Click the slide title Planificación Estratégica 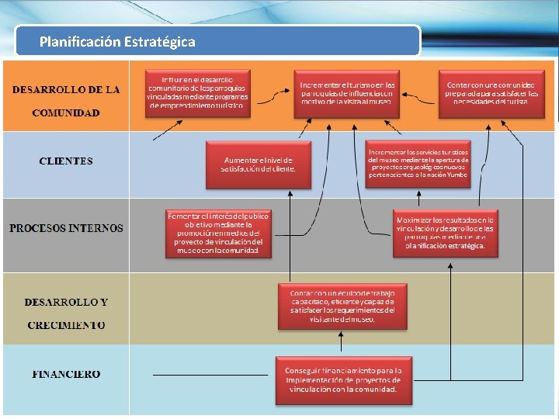click(117, 42)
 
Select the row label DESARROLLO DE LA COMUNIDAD click(66, 101)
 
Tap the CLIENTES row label click(66, 161)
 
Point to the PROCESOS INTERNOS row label click(66, 228)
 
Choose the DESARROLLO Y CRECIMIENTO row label click(66, 313)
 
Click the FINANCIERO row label click(66, 374)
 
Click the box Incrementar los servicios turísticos click(418, 164)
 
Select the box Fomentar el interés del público click(218, 232)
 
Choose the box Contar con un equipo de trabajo click(342, 306)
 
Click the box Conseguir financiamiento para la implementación click(342, 379)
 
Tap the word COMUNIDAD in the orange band click(66, 113)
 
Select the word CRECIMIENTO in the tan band click(66, 325)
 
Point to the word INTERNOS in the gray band click(95, 228)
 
